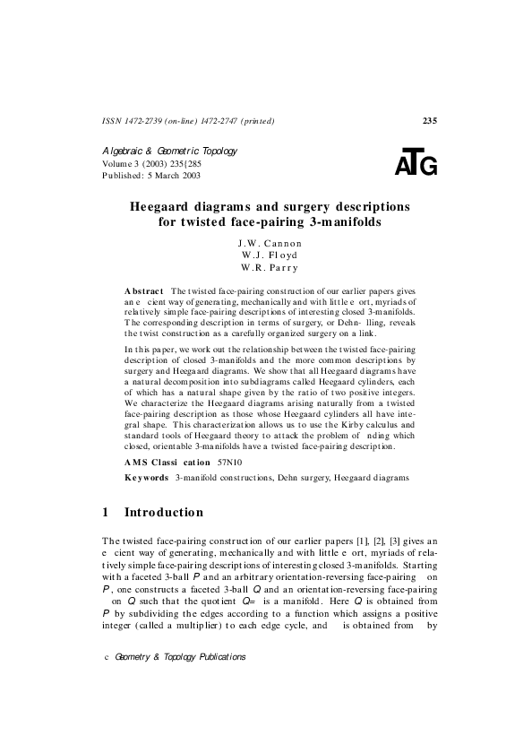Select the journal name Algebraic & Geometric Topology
(169, 151)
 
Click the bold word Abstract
(144, 292)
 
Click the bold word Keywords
(147, 479)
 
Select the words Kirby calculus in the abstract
(330, 422)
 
